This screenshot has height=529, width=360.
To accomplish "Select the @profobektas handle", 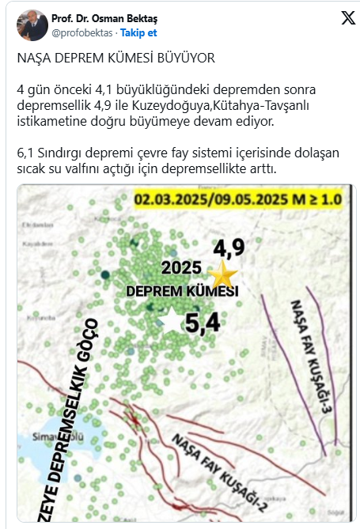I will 82,33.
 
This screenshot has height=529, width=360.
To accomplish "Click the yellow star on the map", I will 224,276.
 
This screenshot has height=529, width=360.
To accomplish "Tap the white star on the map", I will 169,315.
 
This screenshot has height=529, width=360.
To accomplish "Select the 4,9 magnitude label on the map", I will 229,248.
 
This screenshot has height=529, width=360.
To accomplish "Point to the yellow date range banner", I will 238,199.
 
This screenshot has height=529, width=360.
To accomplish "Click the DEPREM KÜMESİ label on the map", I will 182,292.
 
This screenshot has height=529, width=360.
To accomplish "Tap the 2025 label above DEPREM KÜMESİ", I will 181,267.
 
